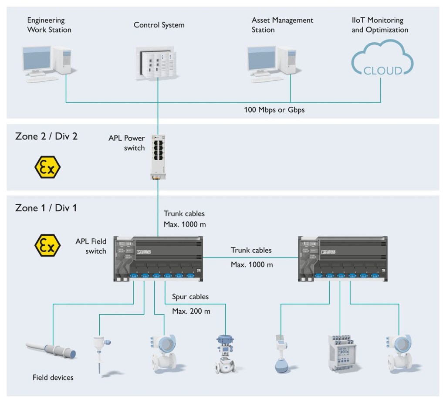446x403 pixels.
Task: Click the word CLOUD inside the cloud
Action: click(383, 70)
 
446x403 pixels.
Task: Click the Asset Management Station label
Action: click(282, 25)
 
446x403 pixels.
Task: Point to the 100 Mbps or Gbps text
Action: click(274, 110)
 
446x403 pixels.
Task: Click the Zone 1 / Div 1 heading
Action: click(46, 208)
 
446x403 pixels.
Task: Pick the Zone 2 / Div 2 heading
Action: click(46, 136)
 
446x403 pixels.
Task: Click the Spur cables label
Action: click(190, 297)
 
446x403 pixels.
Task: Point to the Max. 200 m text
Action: click(191, 311)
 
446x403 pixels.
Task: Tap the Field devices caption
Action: click(53, 377)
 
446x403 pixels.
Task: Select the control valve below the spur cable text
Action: click(226, 354)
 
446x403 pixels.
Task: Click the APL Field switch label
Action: click(91, 246)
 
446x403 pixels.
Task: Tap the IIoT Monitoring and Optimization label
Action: click(380, 25)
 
